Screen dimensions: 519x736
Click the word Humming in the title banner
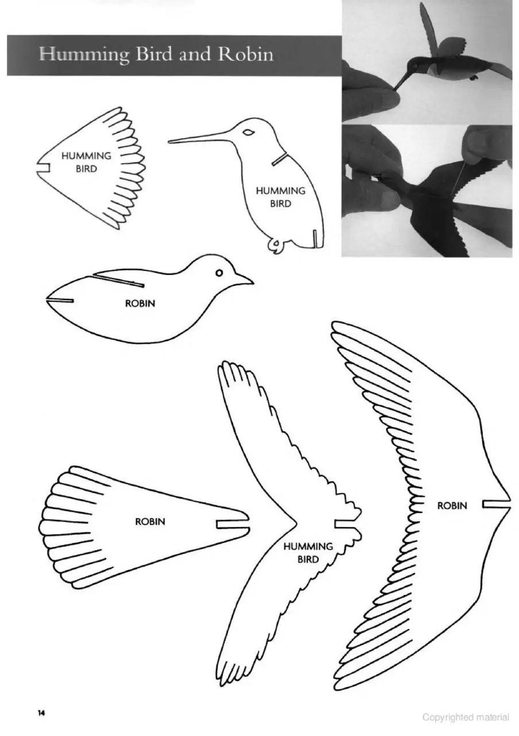pos(84,55)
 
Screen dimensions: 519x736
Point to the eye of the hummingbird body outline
pos(249,133)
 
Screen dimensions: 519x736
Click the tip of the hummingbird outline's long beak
pos(169,142)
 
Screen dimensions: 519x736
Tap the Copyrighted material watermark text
pos(466,716)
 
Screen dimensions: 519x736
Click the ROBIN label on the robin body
pos(140,303)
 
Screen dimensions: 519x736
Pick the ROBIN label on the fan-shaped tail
pos(150,521)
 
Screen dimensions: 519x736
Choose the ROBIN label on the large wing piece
pos(452,505)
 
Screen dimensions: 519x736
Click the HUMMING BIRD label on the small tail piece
pos(86,162)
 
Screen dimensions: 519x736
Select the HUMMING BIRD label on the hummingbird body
pos(281,197)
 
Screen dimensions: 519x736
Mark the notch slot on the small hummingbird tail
pos(42,168)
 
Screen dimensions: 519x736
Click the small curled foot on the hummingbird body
pos(274,244)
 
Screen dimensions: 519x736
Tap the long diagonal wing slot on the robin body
pos(118,280)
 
